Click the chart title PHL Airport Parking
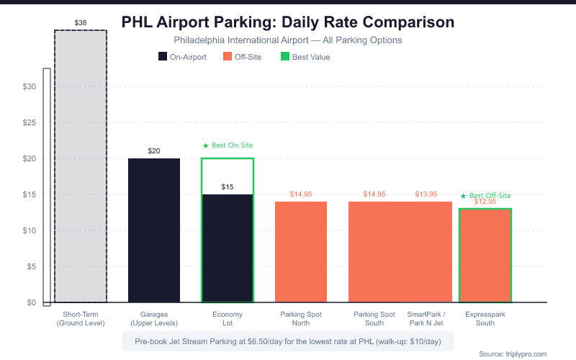(x=288, y=22)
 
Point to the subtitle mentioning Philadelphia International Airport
(x=288, y=40)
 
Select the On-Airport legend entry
(x=181, y=57)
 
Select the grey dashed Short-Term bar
(x=81, y=166)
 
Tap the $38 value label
(x=81, y=23)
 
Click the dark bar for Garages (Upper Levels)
(x=154, y=230)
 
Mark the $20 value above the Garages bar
(x=154, y=151)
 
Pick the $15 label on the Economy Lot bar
(x=228, y=187)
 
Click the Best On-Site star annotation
(x=228, y=145)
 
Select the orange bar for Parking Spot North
(x=301, y=252)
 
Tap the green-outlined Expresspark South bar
(x=485, y=256)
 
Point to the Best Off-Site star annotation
(x=485, y=195)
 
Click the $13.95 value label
(x=426, y=194)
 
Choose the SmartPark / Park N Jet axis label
(x=426, y=318)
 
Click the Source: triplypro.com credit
(x=513, y=354)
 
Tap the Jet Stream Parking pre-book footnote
(x=288, y=341)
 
